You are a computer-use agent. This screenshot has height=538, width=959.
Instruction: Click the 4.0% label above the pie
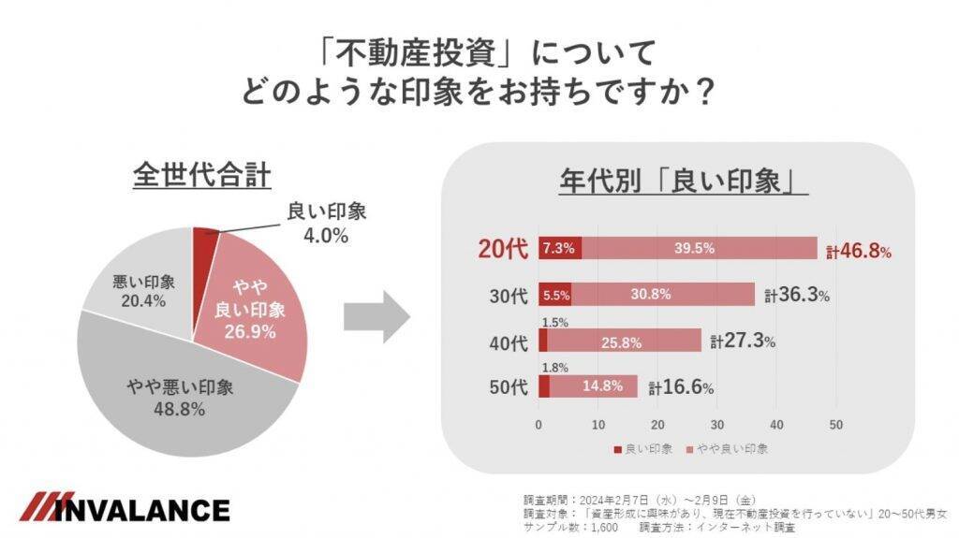pos(325,235)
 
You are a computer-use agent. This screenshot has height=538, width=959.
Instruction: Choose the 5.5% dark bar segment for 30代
pos(555,294)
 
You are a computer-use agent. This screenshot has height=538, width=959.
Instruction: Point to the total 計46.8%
pos(859,251)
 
